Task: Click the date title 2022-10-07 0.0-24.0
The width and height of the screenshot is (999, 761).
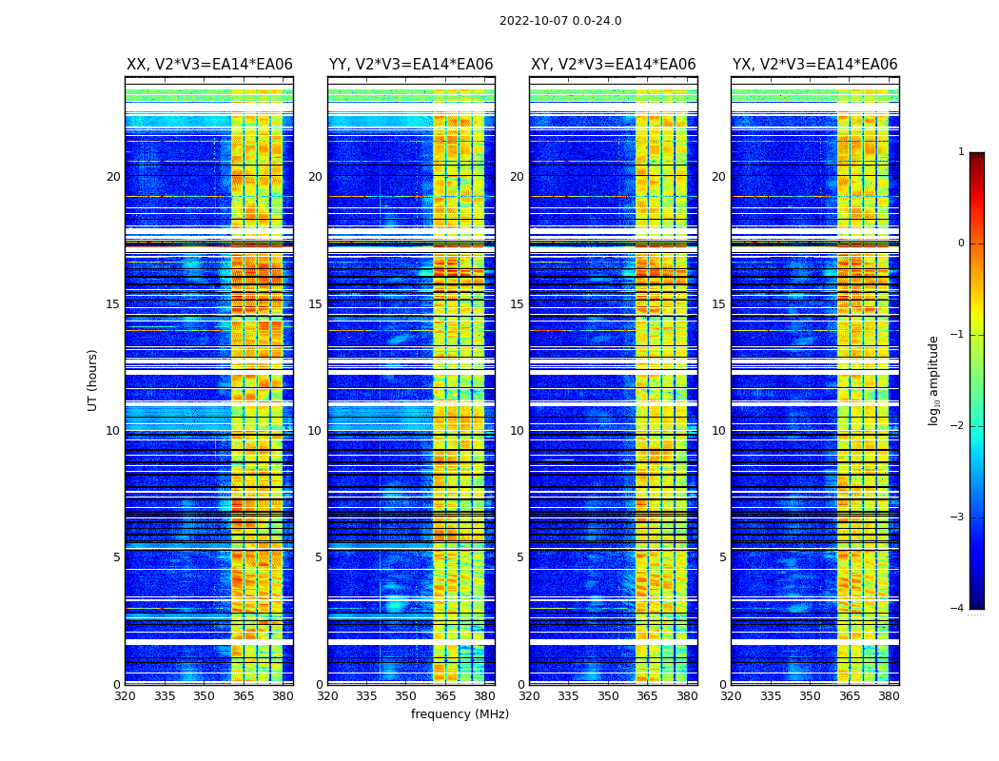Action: point(560,21)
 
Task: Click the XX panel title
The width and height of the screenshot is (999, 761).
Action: point(209,65)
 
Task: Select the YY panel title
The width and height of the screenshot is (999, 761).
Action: point(411,65)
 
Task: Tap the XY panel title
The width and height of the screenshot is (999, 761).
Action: point(613,65)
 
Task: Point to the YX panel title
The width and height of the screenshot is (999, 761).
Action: point(814,65)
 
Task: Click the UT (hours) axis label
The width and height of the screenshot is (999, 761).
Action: point(92,380)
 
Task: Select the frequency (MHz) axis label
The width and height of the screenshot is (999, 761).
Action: point(460,714)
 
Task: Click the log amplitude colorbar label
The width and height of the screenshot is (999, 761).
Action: point(934,380)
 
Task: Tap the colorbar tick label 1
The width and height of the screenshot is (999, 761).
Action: point(960,152)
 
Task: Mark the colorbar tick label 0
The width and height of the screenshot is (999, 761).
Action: point(960,244)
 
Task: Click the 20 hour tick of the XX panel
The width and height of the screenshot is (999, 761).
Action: point(113,177)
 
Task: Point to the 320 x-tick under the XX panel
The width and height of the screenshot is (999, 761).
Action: point(125,696)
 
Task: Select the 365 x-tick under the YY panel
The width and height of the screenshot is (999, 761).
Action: point(445,696)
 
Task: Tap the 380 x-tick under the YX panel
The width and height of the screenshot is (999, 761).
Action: point(889,696)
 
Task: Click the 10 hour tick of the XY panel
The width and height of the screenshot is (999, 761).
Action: point(517,431)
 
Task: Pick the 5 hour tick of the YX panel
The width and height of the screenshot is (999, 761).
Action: point(722,557)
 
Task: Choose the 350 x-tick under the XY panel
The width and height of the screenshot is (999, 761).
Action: point(608,696)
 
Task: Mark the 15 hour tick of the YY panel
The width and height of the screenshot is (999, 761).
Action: point(315,304)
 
